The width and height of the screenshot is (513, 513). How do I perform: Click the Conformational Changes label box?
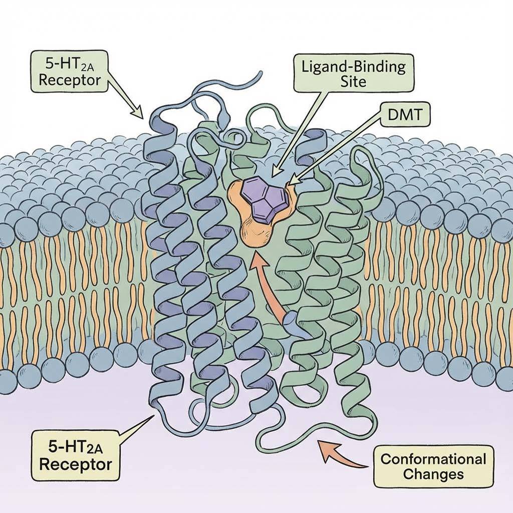[x=433, y=466]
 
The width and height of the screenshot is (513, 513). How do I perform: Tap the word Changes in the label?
[x=433, y=474]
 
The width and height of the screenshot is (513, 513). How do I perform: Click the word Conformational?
[x=433, y=458]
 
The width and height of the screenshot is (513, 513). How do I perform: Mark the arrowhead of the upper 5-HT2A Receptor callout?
[x=140, y=114]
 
